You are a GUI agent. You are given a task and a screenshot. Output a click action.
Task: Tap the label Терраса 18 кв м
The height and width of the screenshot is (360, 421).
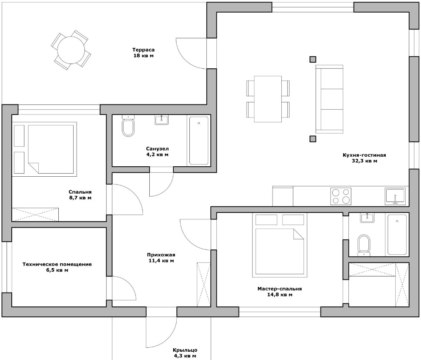[x=144, y=52]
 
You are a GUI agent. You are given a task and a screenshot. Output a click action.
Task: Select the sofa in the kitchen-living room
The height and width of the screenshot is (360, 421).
[x=330, y=99]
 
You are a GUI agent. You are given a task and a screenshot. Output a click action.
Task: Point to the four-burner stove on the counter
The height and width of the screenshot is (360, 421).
[x=341, y=196]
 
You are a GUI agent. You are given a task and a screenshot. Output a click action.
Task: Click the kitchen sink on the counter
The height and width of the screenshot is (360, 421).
[x=395, y=196]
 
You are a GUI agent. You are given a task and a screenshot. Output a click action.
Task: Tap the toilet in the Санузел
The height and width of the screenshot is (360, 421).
[x=128, y=127]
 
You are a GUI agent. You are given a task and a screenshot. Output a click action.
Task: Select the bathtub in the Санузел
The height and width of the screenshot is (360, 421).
[x=199, y=140]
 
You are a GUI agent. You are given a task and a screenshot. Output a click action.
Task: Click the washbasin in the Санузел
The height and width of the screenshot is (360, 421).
[x=162, y=120]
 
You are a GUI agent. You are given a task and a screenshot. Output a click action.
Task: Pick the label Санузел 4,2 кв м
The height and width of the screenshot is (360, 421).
[x=157, y=151]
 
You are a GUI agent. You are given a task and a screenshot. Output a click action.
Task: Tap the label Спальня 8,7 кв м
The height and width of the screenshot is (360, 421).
[x=80, y=195]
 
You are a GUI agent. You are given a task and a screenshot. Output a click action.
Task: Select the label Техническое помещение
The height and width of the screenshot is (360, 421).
[x=57, y=267]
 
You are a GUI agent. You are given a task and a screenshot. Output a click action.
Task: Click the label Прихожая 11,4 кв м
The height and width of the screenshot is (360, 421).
[x=161, y=258]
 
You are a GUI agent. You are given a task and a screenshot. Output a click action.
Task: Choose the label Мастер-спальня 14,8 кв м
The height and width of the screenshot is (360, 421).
[x=280, y=291]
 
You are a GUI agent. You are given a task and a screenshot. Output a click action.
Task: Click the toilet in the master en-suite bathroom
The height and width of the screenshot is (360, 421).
[x=363, y=245]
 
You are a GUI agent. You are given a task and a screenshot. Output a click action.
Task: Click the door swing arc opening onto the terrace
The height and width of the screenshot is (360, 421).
[x=192, y=54]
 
